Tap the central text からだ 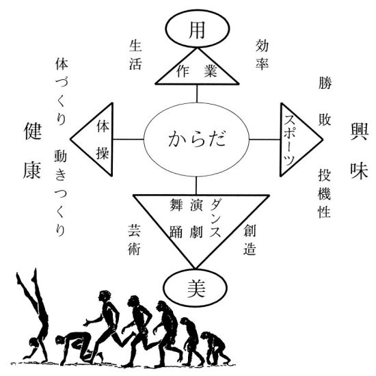(197, 139)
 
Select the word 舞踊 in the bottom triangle (176, 218)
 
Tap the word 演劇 (196, 218)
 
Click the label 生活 (135, 55)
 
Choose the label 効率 (262, 55)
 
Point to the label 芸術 (134, 240)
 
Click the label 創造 (250, 240)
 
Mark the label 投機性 (325, 193)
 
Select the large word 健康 (33, 150)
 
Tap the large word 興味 (359, 150)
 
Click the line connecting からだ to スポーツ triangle (265, 139)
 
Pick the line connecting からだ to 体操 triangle (129, 139)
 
